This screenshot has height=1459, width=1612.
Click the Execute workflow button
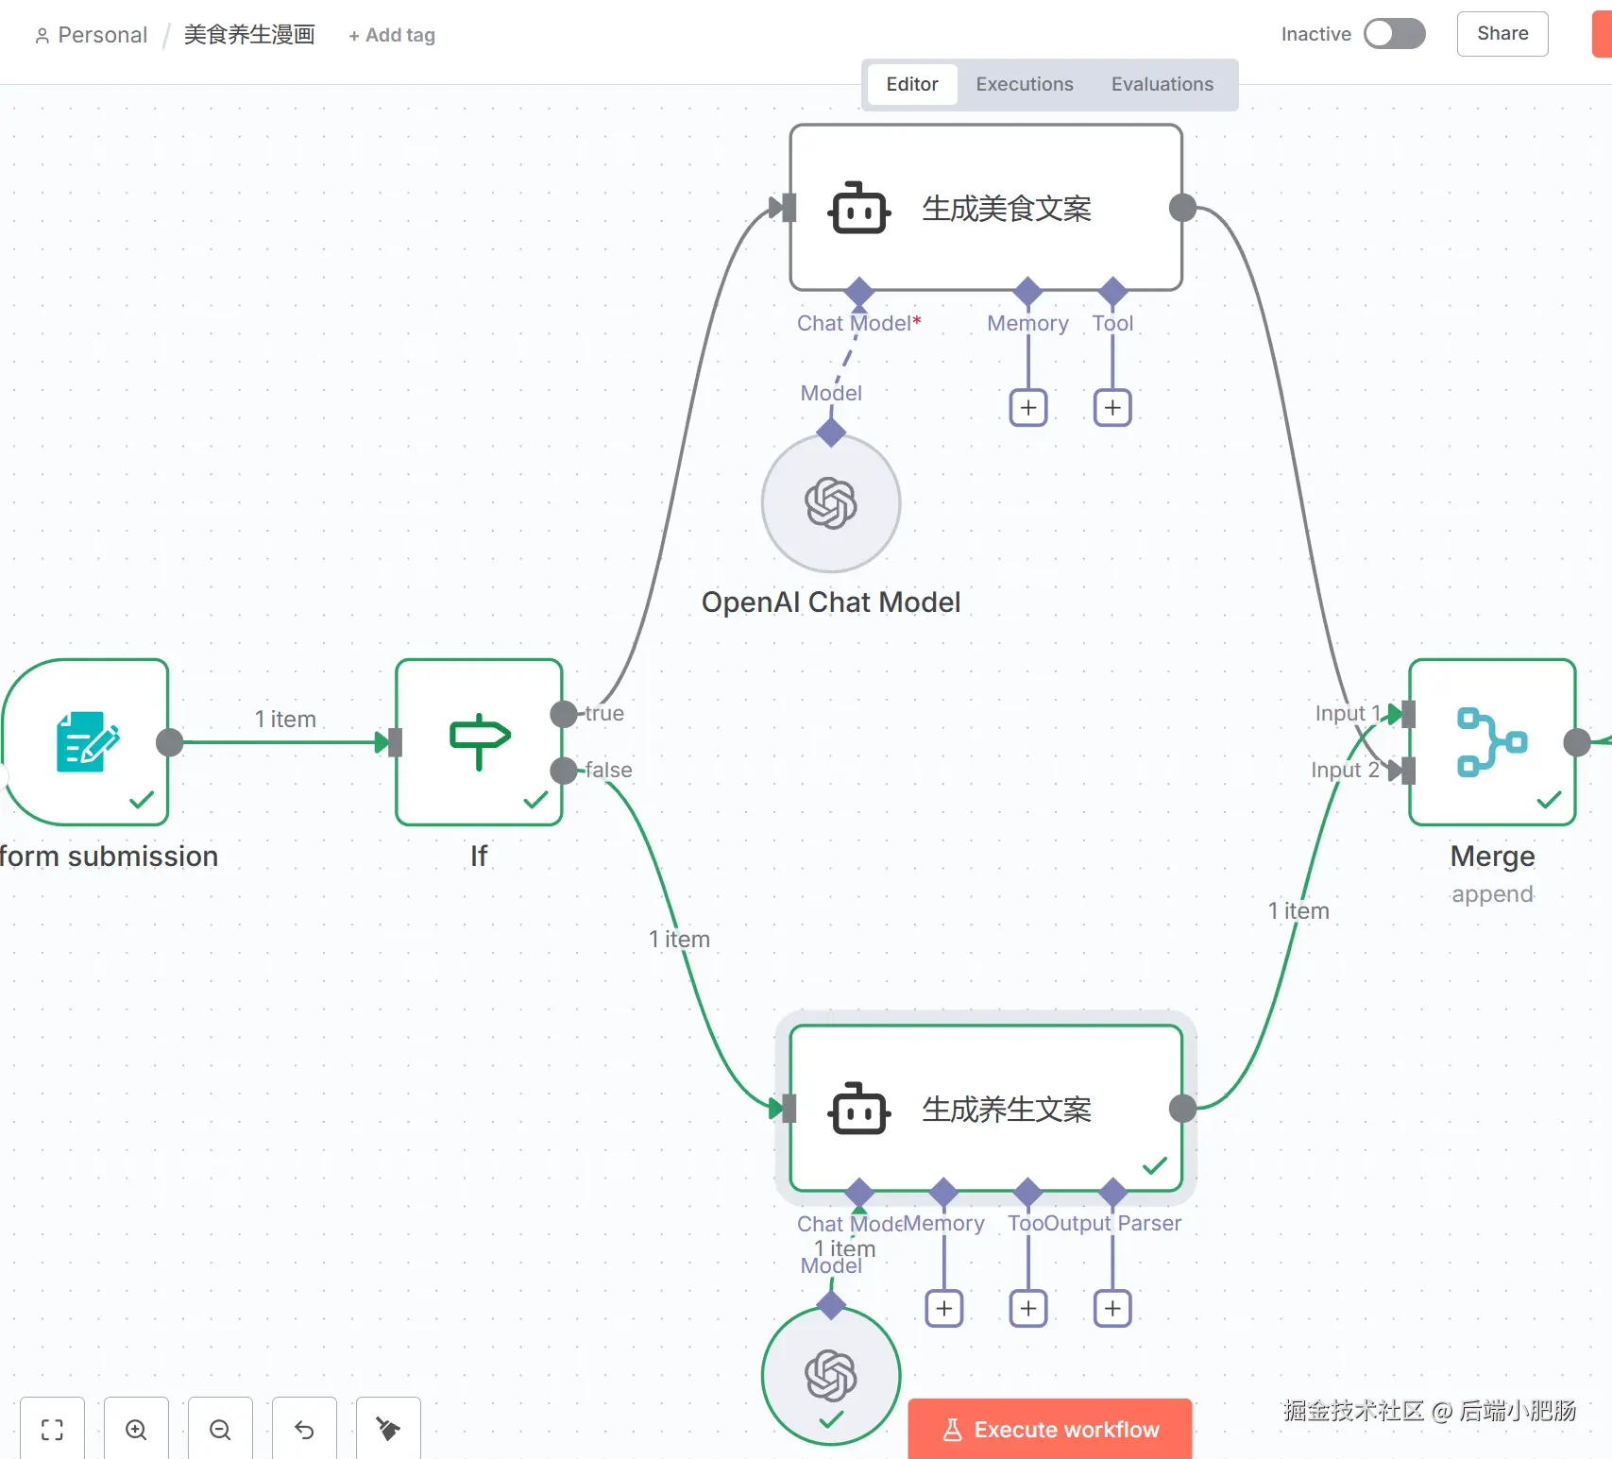coord(1049,1429)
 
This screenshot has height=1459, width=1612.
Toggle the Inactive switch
coord(1394,34)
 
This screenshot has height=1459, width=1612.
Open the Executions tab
coord(1024,84)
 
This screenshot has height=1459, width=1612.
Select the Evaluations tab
coord(1162,84)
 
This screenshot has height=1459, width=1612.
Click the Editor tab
coord(911,84)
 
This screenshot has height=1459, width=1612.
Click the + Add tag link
coord(392,35)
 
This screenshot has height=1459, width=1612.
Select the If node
coord(479,742)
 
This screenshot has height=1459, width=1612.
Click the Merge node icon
coord(1491,742)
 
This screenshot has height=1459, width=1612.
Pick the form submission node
coord(87,742)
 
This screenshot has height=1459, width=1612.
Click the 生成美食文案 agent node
coord(985,208)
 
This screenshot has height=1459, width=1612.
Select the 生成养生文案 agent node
coord(985,1109)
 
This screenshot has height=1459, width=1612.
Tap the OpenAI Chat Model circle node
coord(831,503)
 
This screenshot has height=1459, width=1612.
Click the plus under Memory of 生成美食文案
coord(1028,408)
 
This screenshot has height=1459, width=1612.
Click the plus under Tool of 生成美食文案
coord(1112,408)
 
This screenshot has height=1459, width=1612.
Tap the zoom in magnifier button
coord(136,1430)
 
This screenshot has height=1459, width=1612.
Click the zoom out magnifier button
coord(220,1430)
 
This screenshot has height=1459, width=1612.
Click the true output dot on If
coord(564,714)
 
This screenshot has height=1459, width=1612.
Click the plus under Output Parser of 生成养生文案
coord(1112,1309)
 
